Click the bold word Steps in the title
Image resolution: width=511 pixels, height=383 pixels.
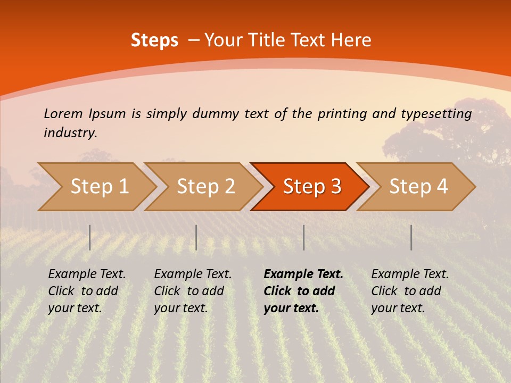[154, 40]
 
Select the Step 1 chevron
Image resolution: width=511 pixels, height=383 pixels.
[99, 187]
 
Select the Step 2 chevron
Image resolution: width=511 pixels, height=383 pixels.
[205, 187]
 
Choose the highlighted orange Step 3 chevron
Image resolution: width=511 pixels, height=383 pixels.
[311, 187]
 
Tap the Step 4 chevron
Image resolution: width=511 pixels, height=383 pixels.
[418, 187]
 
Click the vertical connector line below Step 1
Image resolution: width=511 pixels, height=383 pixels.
[90, 237]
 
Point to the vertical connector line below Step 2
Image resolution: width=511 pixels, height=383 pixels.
[196, 237]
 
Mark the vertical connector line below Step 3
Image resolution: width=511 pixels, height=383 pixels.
[303, 237]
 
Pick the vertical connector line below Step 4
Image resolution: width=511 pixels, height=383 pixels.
[411, 237]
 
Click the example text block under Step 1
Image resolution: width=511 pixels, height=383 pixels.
[87, 291]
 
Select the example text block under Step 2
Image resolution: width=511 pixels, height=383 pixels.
[193, 291]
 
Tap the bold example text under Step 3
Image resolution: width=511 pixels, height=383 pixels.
[303, 291]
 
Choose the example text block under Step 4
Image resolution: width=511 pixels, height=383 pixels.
[410, 291]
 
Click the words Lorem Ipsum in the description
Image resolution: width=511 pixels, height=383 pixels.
[85, 114]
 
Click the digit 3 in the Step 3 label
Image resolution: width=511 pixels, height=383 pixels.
[335, 187]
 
